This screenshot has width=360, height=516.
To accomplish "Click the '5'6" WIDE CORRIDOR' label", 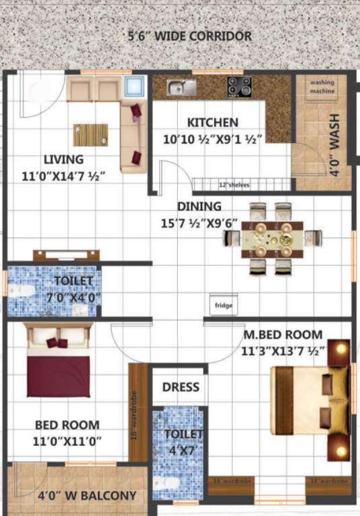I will click(x=190, y=36).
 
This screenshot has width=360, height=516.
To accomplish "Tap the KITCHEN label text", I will click(x=212, y=122).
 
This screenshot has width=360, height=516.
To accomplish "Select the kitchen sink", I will click(x=181, y=87).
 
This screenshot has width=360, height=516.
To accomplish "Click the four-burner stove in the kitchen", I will click(x=239, y=86).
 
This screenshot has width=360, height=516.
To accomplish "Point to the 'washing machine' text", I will click(x=322, y=87).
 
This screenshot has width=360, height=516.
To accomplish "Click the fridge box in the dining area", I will click(x=223, y=304).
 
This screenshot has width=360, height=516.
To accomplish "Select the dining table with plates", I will click(x=272, y=238).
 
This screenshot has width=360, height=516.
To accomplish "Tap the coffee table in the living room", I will click(x=91, y=134).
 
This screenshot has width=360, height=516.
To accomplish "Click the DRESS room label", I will click(x=181, y=387).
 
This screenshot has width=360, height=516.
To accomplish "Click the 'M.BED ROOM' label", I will click(x=283, y=335).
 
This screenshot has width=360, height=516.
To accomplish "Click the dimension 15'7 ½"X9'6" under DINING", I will click(x=199, y=222).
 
